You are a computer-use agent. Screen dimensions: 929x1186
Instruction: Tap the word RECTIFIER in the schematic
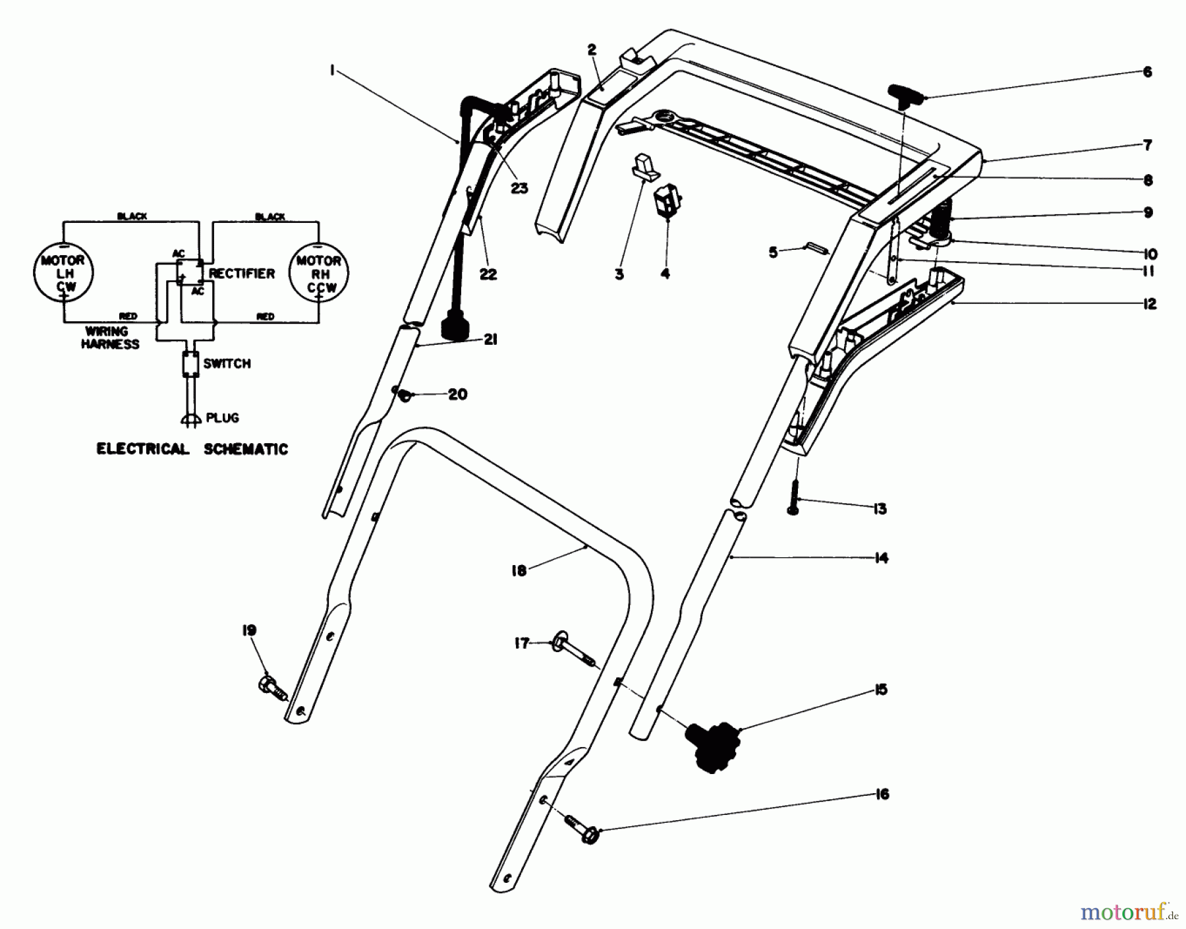[x=242, y=273]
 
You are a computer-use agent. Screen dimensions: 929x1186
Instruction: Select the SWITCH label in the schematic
[x=227, y=363]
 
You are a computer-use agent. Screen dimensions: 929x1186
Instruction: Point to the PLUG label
[x=222, y=417]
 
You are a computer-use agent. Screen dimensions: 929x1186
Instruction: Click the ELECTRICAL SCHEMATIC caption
[x=192, y=449]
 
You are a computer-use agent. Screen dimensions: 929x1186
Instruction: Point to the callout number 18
[x=519, y=570]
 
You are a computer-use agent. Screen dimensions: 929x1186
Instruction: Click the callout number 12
[x=1149, y=304]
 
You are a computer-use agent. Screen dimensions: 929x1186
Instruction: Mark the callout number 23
[x=519, y=189]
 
